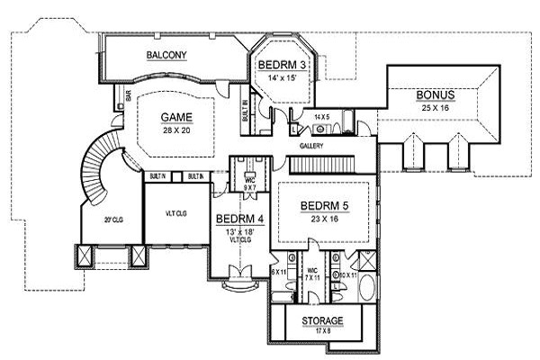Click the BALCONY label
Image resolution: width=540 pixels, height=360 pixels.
[x=166, y=56]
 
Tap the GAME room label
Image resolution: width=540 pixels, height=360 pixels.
[x=176, y=117]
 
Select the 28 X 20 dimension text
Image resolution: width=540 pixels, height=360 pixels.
[x=176, y=130]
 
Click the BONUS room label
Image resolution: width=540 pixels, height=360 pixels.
[x=435, y=95]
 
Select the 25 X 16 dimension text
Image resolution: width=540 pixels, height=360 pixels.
[x=435, y=107]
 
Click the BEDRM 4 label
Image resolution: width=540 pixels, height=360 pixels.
[x=238, y=219]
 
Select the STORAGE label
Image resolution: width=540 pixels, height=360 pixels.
[x=321, y=320]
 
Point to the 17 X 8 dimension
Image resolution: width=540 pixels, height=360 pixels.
[x=321, y=331]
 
